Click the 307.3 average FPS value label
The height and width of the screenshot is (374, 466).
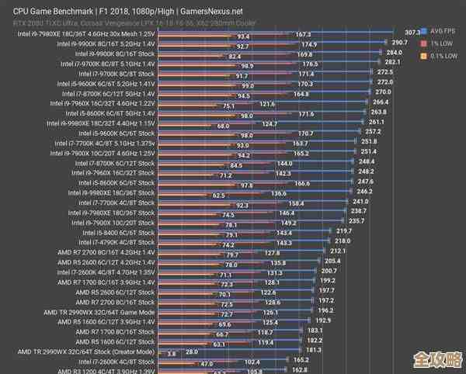coord(412,32)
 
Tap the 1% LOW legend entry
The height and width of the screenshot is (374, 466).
coord(441,43)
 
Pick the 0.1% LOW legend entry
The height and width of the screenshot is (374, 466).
coord(443,55)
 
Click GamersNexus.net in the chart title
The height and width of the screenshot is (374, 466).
coord(210,11)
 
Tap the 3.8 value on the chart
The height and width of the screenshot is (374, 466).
coord(172,352)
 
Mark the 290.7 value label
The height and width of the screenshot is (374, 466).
coord(400,42)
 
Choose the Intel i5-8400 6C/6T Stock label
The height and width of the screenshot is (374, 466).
coord(119,232)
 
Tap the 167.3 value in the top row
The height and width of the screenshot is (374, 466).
coord(303,35)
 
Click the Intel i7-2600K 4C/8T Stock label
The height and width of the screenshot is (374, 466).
coord(116,361)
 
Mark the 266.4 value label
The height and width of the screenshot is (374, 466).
coord(381,102)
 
